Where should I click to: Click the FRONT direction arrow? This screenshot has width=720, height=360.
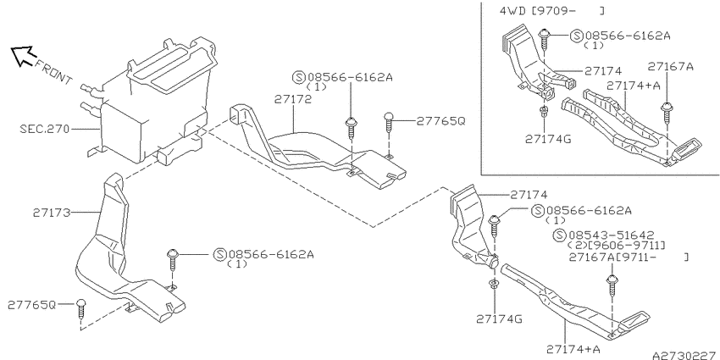22,55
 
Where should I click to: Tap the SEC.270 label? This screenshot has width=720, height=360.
45,129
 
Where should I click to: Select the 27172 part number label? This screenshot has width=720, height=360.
293,99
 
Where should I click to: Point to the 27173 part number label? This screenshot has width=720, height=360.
51,213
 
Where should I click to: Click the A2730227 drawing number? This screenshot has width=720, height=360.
685,356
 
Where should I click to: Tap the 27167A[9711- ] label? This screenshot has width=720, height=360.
629,258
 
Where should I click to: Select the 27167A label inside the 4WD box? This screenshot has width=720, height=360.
670,66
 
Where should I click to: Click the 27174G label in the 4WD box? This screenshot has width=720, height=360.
548,139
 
